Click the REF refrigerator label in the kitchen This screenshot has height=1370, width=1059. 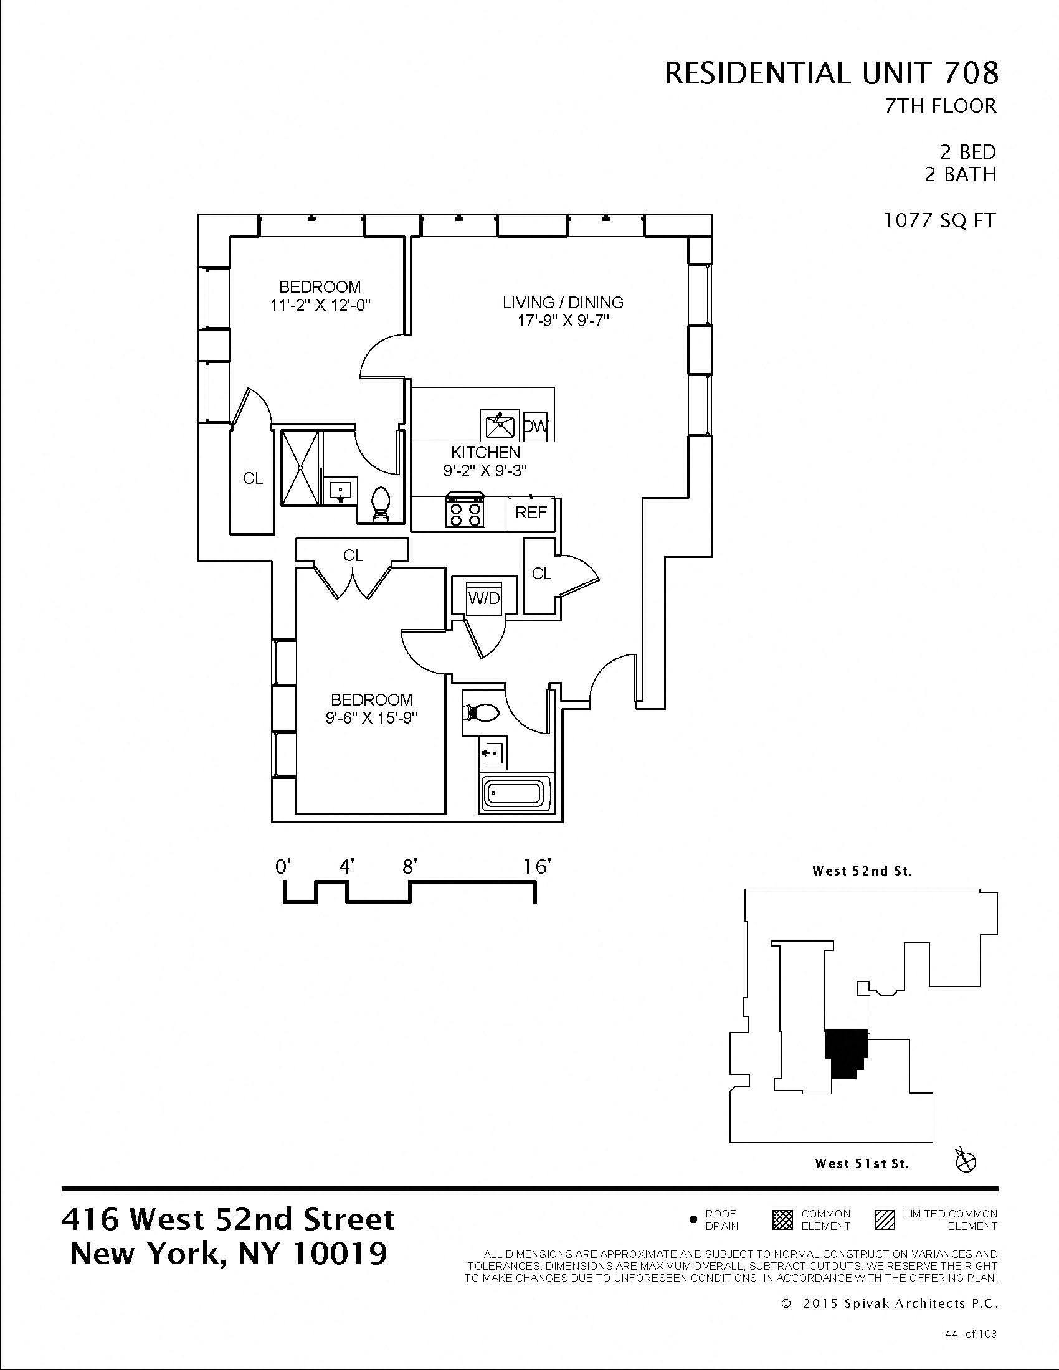[x=531, y=513]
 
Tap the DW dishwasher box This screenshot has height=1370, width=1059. [x=535, y=427]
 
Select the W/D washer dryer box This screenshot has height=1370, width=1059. [x=484, y=598]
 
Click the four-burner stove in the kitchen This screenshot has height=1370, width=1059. [x=465, y=512]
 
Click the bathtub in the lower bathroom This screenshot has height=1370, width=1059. [x=516, y=795]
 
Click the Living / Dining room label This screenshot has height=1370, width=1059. [x=563, y=303]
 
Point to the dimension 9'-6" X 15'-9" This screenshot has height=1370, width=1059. [x=371, y=717]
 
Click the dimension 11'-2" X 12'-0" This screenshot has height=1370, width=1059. [x=320, y=306]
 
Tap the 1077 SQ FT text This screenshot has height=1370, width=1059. [x=939, y=221]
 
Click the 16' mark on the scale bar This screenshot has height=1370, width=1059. [x=536, y=867]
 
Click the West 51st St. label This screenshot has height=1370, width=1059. [x=862, y=1164]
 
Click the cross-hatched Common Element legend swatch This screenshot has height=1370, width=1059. [x=782, y=1220]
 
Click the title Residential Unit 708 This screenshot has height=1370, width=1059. [x=830, y=73]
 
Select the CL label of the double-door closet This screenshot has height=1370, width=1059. [x=353, y=555]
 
